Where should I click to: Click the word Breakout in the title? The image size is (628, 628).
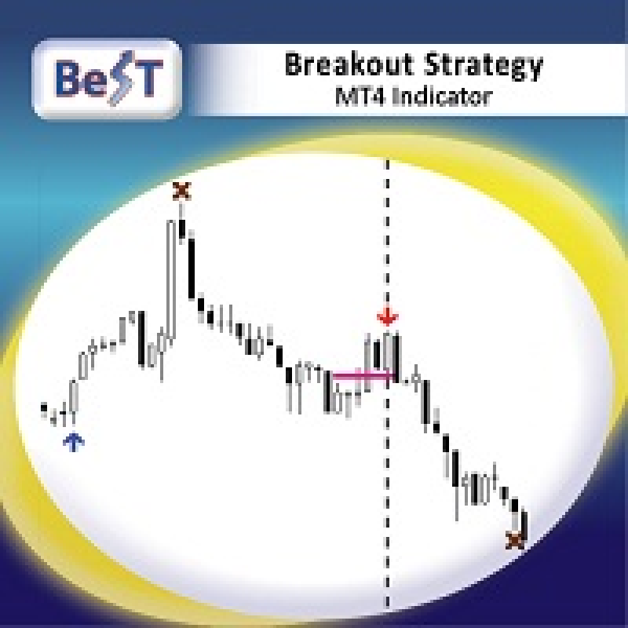(x=349, y=64)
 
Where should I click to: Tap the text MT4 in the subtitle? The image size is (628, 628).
(x=359, y=97)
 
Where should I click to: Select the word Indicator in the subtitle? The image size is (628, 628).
(x=442, y=97)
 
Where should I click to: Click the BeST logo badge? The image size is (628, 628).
(x=107, y=78)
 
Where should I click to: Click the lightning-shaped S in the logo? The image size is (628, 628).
(x=119, y=78)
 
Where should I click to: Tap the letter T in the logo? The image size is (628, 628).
(x=148, y=78)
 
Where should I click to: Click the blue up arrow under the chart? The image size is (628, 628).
(x=74, y=442)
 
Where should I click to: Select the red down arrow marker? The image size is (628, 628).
(x=387, y=316)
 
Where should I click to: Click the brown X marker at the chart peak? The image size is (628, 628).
(x=182, y=191)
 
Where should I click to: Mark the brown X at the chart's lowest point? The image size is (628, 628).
(x=515, y=540)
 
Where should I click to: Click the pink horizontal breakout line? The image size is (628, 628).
(x=363, y=375)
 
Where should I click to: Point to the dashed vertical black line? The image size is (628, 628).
(x=387, y=385)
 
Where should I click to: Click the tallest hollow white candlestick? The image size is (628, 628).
(x=171, y=281)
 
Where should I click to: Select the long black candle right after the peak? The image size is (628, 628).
(x=192, y=268)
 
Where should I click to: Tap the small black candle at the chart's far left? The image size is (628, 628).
(x=44, y=408)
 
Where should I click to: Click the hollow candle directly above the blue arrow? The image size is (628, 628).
(x=73, y=396)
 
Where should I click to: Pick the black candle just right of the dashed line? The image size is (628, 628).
(x=396, y=359)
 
